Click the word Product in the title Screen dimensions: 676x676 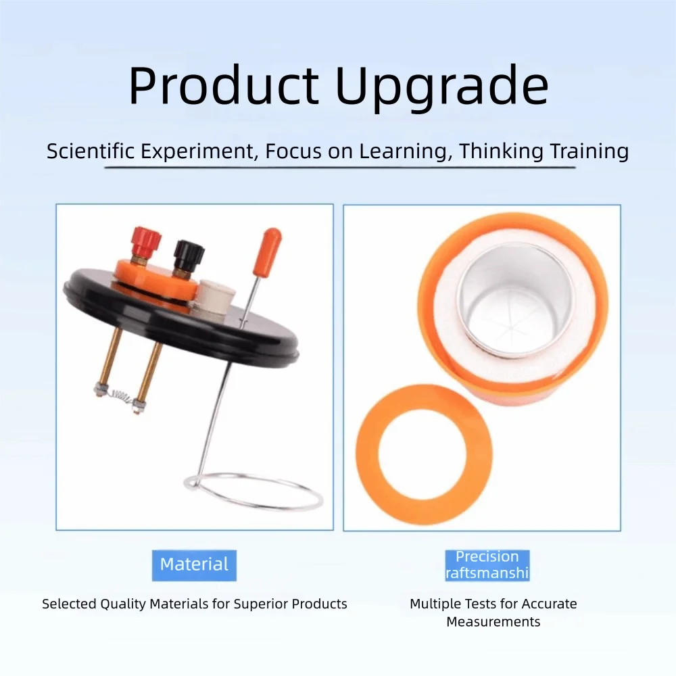coord(224,84)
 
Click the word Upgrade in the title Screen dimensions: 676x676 coord(442,89)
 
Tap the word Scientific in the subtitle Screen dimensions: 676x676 coord(91,151)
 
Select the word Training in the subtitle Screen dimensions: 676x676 coord(589,151)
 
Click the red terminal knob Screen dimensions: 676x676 coord(147,241)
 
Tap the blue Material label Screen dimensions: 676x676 coord(194,565)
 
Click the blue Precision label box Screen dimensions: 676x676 coord(487,565)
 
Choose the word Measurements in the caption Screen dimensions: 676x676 coord(493,622)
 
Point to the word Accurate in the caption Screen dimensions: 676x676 coord(549,604)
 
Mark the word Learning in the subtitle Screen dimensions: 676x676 coord(406,151)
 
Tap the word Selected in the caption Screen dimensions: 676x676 coord(69,604)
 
